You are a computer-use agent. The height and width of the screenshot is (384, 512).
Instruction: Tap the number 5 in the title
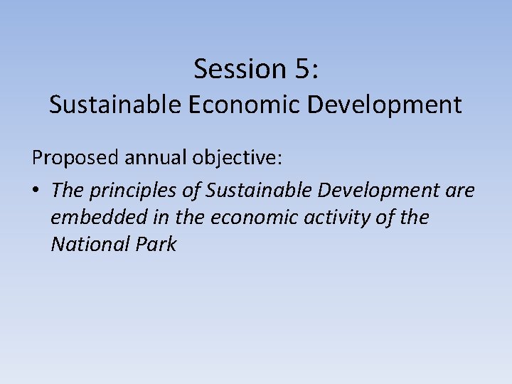[301, 69]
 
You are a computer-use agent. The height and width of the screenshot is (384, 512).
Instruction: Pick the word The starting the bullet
[66, 190]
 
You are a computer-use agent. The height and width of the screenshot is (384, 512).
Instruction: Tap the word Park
[154, 244]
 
